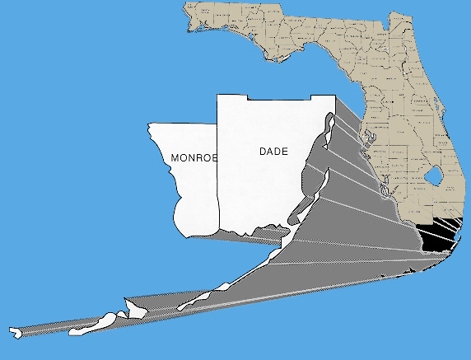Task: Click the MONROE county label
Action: pyautogui.click(x=193, y=157)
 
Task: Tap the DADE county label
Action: pyautogui.click(x=274, y=152)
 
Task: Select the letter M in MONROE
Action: pyautogui.click(x=175, y=157)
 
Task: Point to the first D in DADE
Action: pyautogui.click(x=263, y=152)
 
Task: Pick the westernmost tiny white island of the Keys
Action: pyautogui.click(x=16, y=333)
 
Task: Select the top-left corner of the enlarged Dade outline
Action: pyautogui.click(x=217, y=96)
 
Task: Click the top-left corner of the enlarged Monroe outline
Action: pyautogui.click(x=149, y=124)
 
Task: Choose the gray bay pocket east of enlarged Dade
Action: pyautogui.click(x=312, y=169)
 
